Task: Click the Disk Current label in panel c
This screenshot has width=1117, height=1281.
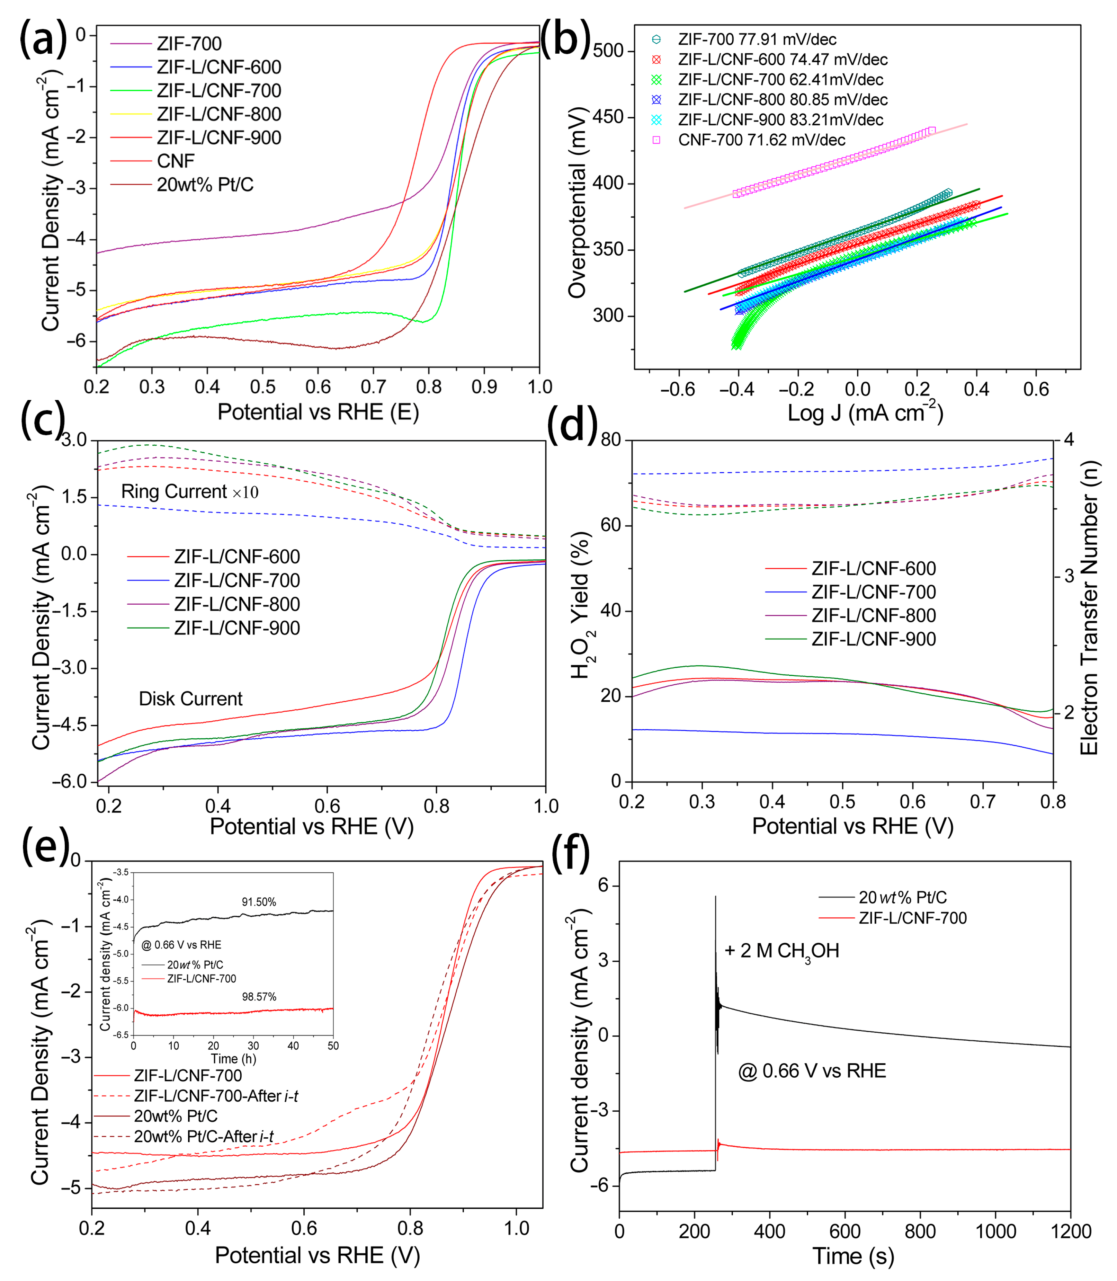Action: tap(190, 699)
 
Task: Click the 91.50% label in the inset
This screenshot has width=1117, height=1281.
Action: tap(259, 902)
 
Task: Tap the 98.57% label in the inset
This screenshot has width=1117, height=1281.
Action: tap(259, 997)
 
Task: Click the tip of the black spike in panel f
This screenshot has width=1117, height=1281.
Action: tap(716, 896)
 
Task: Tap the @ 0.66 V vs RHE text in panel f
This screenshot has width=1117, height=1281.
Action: tap(812, 1071)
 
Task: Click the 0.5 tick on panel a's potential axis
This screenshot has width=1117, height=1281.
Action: tap(262, 386)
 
